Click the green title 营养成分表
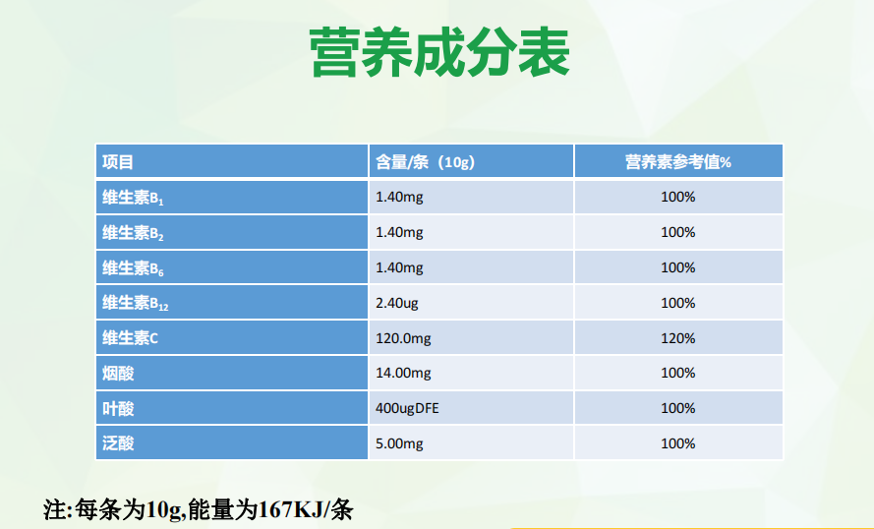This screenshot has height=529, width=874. (439, 52)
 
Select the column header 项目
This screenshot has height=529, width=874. (118, 162)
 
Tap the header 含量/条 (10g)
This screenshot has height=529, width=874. (426, 162)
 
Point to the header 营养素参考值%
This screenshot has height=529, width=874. (677, 162)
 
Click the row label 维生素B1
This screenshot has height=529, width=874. (133, 198)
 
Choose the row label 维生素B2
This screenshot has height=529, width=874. (133, 233)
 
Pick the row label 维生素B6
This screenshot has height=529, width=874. (133, 268)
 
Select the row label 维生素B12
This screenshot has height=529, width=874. (135, 303)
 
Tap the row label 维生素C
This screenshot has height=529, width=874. (130, 338)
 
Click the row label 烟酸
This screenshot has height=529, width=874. (118, 373)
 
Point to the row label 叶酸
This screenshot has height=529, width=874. (118, 409)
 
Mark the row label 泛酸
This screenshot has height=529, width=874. (118, 443)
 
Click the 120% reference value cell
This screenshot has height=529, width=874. (677, 338)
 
